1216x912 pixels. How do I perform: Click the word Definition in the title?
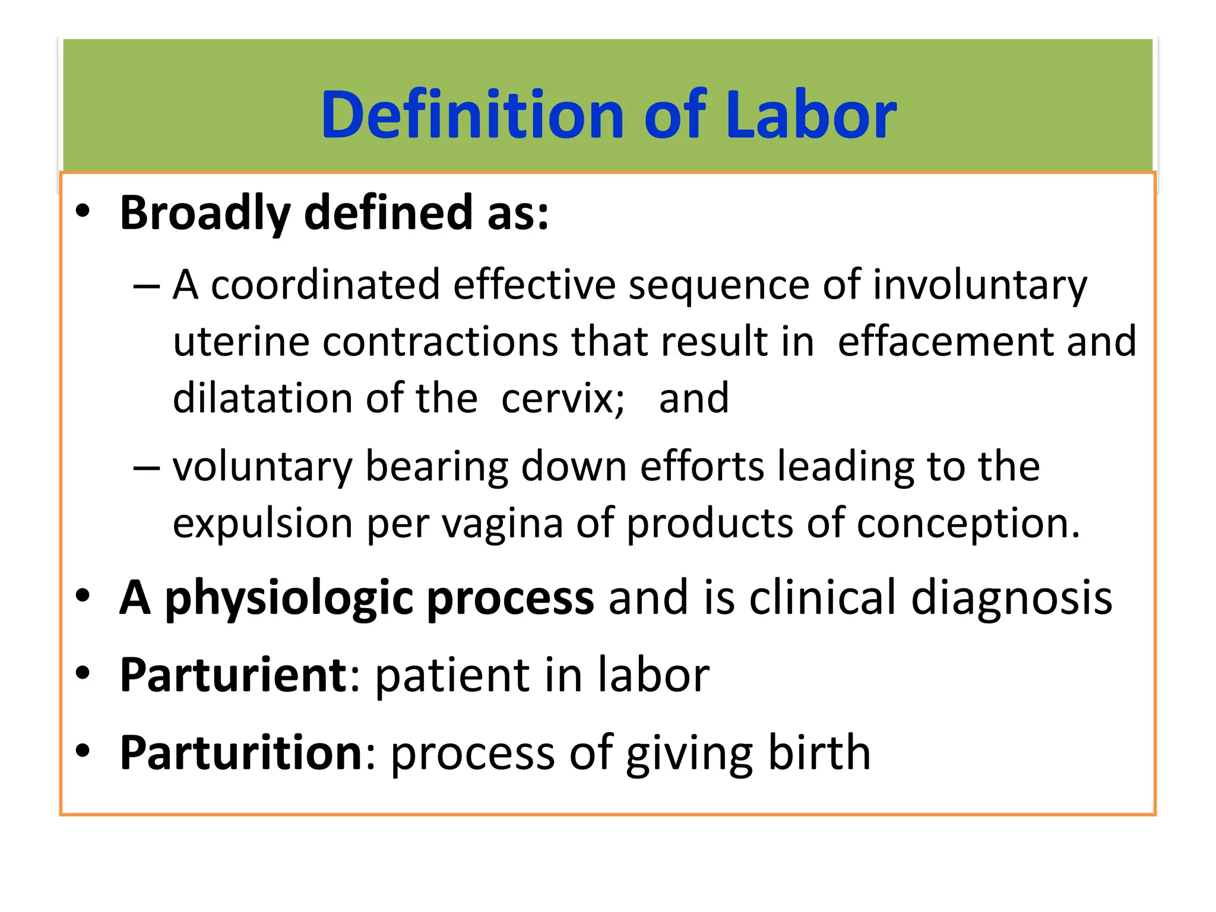[x=472, y=115]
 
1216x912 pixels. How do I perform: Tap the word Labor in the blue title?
[x=810, y=115]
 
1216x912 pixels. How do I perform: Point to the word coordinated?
[x=325, y=285]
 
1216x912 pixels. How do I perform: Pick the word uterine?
[x=241, y=342]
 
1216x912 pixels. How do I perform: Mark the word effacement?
[x=945, y=342]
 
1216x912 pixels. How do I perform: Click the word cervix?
[x=561, y=399]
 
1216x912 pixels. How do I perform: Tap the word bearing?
[x=436, y=467]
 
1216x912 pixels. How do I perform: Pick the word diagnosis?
[x=1011, y=597]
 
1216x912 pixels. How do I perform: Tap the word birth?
[x=819, y=752]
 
